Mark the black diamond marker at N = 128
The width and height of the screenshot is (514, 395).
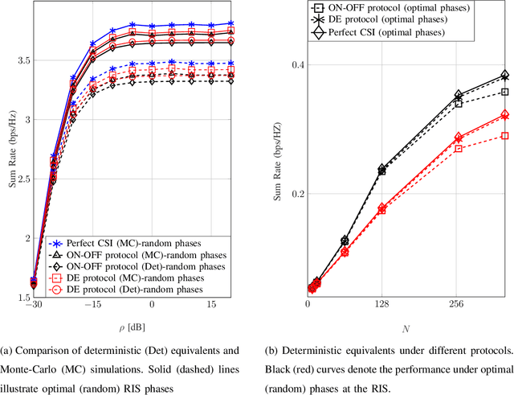[382, 169]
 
